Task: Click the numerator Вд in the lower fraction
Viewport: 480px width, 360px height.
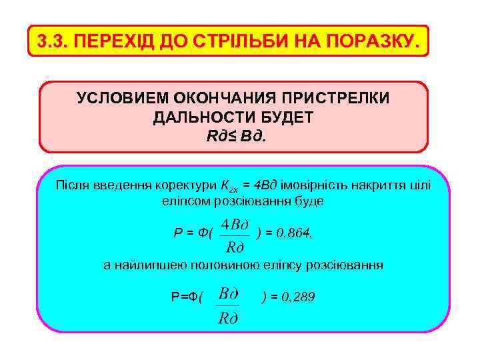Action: [228, 293]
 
